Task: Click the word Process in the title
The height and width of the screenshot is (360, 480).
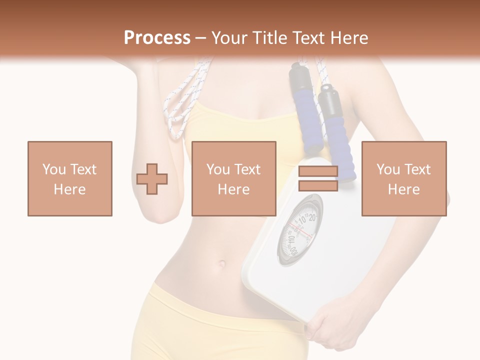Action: [x=157, y=38]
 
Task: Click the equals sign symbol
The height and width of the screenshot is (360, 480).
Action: [x=318, y=178]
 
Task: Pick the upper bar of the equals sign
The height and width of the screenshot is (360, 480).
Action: [x=318, y=171]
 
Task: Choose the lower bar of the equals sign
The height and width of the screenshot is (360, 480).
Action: [x=318, y=185]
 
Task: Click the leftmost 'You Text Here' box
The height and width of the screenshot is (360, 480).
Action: [x=69, y=178]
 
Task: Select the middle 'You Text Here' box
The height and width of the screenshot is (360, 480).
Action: [x=233, y=178]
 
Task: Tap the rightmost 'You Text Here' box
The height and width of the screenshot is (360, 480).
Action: [x=403, y=178]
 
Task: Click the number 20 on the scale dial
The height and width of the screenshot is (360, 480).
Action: [x=311, y=217]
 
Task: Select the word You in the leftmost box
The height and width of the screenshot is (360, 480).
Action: [x=54, y=169]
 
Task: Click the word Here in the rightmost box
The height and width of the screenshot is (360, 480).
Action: [x=403, y=189]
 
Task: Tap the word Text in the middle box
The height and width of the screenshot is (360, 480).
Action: [x=247, y=169]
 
